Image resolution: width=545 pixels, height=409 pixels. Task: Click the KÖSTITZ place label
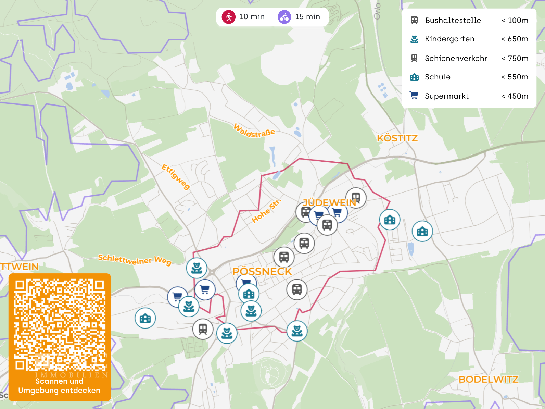point(397,138)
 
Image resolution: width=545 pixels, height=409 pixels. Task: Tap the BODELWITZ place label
point(488,380)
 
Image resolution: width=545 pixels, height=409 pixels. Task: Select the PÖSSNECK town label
point(262,272)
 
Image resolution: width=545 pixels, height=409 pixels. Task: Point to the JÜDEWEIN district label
point(329,203)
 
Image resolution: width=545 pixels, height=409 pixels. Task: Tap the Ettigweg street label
point(176,177)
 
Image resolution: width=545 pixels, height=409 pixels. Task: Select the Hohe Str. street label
point(266,211)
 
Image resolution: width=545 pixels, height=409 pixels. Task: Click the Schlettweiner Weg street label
point(134,260)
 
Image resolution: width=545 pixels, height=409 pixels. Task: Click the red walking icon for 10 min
point(229,17)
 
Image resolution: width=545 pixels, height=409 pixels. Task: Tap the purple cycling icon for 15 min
point(284,17)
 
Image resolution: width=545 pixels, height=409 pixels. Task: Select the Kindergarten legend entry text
point(449,39)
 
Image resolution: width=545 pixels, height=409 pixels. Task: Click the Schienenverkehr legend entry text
point(456,59)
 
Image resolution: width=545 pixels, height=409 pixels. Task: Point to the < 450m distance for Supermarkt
point(515,96)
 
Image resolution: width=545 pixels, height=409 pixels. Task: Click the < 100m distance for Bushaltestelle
point(515,21)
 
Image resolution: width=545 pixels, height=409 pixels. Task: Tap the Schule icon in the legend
point(414,77)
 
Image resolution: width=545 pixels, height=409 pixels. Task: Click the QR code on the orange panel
point(60,325)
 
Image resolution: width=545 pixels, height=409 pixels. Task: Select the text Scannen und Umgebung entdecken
point(59,386)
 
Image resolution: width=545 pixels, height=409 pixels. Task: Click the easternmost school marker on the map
point(422,232)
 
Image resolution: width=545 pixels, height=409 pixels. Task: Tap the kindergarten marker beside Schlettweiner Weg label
point(197,268)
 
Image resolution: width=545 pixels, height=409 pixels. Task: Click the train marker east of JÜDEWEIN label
point(356,198)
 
